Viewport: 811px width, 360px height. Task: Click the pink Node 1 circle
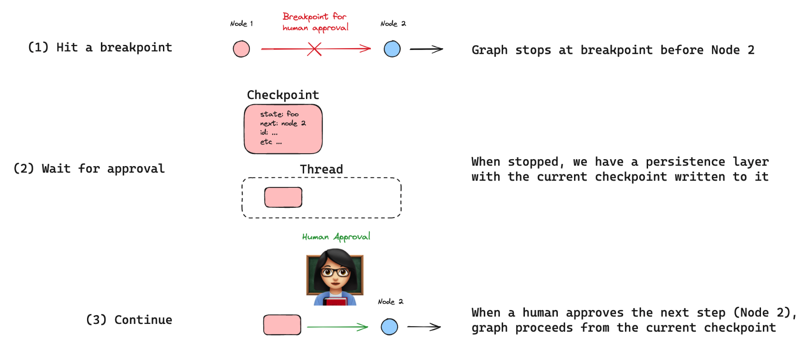[241, 49]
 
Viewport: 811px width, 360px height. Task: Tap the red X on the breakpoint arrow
[314, 49]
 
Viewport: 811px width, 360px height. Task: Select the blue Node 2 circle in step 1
[392, 49]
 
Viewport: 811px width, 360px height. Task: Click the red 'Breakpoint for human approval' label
[315, 22]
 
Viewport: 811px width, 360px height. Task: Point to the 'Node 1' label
[241, 24]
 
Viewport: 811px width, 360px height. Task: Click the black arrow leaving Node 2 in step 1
[426, 49]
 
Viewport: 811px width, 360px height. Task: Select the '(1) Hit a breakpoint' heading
[100, 47]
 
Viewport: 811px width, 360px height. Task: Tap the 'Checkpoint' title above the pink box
[283, 95]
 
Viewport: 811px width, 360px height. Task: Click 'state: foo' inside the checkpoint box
[279, 114]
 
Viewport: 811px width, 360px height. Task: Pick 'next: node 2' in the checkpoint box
[283, 123]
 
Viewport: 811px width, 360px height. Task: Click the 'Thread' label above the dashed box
[321, 169]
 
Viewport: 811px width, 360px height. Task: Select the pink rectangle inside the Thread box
[283, 198]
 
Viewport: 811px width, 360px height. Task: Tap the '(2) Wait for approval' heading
[89, 168]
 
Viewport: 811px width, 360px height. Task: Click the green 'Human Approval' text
[336, 237]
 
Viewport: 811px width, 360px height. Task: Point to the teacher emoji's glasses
[335, 272]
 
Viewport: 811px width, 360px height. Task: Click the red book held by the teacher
[335, 302]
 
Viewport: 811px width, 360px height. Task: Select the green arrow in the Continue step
[337, 327]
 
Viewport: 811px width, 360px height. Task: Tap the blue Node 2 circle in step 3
[389, 327]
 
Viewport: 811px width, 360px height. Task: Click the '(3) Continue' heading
[129, 320]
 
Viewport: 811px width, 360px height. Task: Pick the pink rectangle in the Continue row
[282, 325]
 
